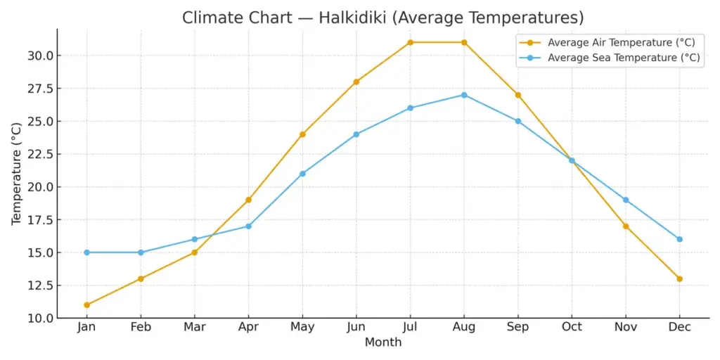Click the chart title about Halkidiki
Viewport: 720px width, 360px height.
383,18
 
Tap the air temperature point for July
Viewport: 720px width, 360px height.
410,42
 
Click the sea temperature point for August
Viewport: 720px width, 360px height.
464,95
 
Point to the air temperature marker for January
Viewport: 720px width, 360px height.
86,305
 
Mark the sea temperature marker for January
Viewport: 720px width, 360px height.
86,252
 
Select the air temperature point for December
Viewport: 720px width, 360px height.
679,278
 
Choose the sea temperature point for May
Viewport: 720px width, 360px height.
302,174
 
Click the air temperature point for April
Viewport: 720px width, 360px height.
248,200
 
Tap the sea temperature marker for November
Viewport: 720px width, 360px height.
625,200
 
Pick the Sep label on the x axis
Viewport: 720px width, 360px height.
517,328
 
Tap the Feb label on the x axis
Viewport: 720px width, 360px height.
141,328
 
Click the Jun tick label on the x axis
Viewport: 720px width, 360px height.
356,328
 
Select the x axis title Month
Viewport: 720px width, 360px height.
383,342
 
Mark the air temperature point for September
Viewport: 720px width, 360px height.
517,95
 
